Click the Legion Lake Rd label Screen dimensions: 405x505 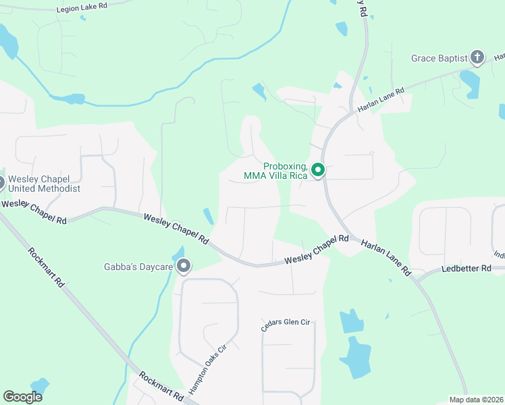[x=82, y=6]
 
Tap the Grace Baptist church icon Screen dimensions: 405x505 [x=477, y=57]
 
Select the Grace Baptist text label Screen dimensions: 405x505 [x=439, y=59]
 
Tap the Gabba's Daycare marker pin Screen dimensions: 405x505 [x=184, y=267]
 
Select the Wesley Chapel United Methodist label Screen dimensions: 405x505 [x=46, y=184]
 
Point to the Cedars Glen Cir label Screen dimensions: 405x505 [x=285, y=325]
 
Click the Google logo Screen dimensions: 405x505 [x=22, y=397]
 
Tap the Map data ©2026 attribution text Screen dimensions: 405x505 [x=477, y=400]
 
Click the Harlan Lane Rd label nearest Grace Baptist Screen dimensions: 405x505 [x=381, y=101]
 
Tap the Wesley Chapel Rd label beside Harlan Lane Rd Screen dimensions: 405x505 [x=316, y=249]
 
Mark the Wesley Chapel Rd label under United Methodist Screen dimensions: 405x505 [x=34, y=211]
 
